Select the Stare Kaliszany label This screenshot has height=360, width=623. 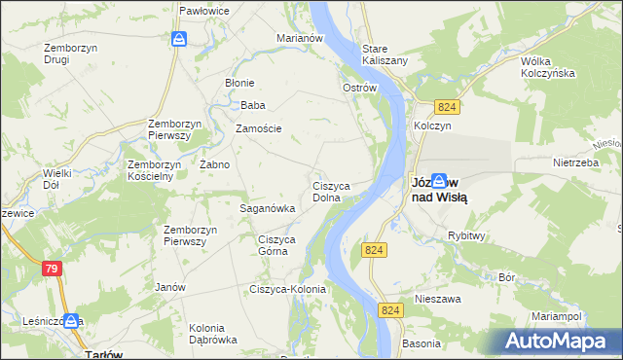pyautogui.click(x=385, y=54)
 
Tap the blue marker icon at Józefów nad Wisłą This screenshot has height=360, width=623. pyautogui.click(x=439, y=180)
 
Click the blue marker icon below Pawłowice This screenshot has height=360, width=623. pyautogui.click(x=179, y=39)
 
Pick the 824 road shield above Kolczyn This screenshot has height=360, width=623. pyautogui.click(x=447, y=106)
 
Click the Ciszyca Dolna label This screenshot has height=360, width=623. pyautogui.click(x=332, y=191)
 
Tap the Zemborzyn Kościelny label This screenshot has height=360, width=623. pyautogui.click(x=150, y=170)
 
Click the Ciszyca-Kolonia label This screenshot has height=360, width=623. pyautogui.click(x=287, y=289)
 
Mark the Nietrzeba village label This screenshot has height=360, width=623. pyautogui.click(x=573, y=163)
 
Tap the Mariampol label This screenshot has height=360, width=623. pyautogui.click(x=556, y=317)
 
